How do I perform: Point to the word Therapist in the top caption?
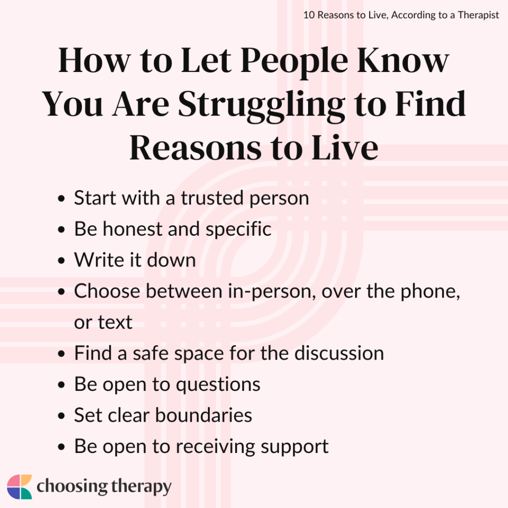coord(475,15)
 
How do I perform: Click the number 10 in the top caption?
coord(309,15)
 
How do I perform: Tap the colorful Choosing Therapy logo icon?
coord(19,487)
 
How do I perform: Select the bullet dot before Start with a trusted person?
coord(61,199)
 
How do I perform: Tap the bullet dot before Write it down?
coord(61,261)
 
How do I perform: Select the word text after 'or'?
coord(115,322)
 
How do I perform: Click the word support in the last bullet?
coord(299,446)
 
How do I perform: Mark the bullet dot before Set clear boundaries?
coord(61,416)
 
